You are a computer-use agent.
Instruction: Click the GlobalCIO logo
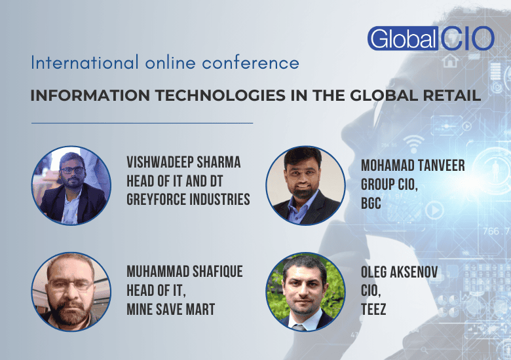pos(430,39)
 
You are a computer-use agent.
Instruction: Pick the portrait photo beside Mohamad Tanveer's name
pos(306,186)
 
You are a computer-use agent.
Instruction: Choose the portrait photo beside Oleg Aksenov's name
pos(306,293)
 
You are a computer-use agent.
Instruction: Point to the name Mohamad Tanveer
pos(413,166)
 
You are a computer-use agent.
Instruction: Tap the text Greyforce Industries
pos(188,200)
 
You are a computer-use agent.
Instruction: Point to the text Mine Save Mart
pos(170,308)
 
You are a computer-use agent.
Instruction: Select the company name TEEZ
pos(373,309)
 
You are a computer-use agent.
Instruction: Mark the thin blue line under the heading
pos(142,122)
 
